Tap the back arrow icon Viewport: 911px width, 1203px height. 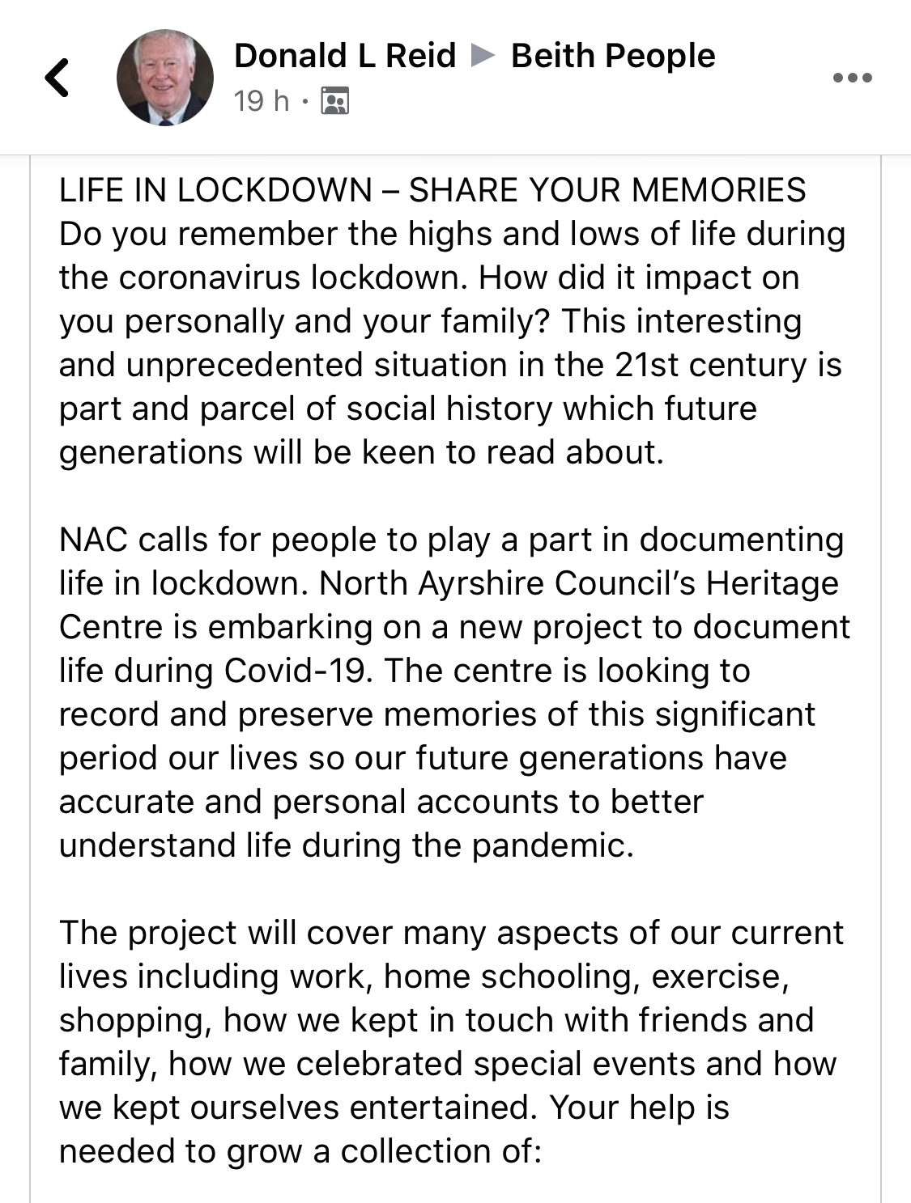click(x=57, y=78)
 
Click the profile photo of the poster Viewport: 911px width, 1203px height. click(x=165, y=78)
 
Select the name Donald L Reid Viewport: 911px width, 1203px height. click(x=345, y=56)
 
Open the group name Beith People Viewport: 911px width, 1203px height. click(x=613, y=56)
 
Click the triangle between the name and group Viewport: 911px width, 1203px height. click(x=483, y=56)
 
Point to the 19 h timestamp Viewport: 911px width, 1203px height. click(x=261, y=101)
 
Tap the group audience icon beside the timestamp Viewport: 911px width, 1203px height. click(x=335, y=101)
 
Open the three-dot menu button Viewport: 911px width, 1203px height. click(x=853, y=78)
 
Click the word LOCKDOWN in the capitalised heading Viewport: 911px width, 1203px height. click(x=275, y=190)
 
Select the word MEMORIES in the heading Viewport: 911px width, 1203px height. click(x=718, y=190)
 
